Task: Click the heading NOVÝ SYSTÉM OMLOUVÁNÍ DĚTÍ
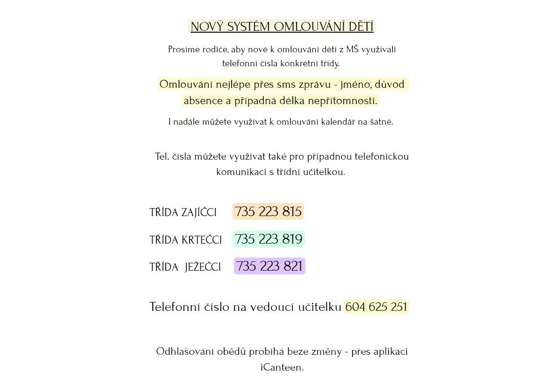(x=282, y=27)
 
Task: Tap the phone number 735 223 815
(x=268, y=211)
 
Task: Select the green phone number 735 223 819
(x=269, y=239)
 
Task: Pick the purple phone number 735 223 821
(x=269, y=266)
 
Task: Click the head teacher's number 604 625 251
(x=376, y=307)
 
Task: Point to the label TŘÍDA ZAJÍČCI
(x=183, y=212)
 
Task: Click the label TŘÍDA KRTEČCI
(x=186, y=240)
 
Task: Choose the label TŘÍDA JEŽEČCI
(x=185, y=267)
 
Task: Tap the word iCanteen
(x=282, y=367)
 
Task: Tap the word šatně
(x=381, y=122)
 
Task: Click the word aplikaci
(x=390, y=351)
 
